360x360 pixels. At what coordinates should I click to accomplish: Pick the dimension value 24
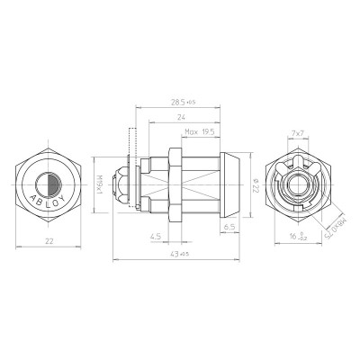coord(182,119)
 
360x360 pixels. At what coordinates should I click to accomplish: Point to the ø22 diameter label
coord(256,186)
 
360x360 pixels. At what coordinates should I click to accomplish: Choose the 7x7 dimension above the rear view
coord(295,133)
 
